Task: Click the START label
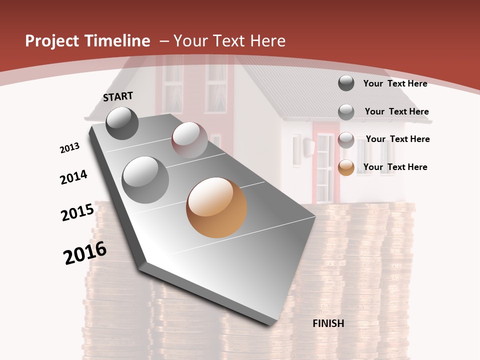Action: click(x=118, y=96)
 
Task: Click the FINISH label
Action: click(x=328, y=323)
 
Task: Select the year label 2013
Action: click(x=70, y=147)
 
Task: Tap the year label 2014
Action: click(x=74, y=177)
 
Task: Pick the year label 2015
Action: click(x=77, y=212)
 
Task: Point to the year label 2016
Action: click(x=85, y=252)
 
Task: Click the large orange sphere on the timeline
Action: click(x=216, y=207)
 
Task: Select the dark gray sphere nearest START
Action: click(x=122, y=123)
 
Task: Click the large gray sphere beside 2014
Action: click(x=145, y=179)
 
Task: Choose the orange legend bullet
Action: click(x=346, y=167)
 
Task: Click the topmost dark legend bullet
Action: click(x=346, y=83)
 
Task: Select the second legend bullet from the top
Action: click(x=346, y=112)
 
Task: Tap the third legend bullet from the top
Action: click(x=346, y=140)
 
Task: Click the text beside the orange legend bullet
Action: click(x=395, y=167)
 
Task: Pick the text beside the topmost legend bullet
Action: click(x=395, y=83)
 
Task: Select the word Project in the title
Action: click(x=50, y=41)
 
